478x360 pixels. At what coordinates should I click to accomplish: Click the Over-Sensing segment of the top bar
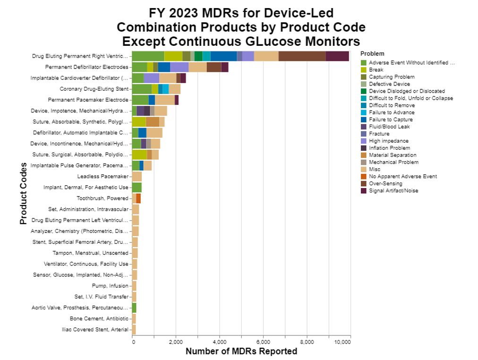(302, 56)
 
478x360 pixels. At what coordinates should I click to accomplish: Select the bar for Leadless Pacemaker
(137, 176)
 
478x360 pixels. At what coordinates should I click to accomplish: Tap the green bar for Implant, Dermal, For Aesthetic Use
(137, 187)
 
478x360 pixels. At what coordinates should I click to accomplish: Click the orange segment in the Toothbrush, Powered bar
(138, 198)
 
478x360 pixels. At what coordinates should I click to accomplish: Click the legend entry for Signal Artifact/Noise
(393, 190)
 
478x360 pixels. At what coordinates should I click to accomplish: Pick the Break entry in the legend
(376, 70)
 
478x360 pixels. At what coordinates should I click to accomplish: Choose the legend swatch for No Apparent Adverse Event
(364, 176)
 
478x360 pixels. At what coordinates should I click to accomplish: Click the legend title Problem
(372, 53)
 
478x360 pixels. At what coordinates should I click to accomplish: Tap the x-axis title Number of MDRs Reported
(241, 351)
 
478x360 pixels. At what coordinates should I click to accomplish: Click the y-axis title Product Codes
(23, 194)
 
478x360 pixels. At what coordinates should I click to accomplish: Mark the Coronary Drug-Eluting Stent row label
(94, 89)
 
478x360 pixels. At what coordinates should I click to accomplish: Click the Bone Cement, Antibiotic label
(99, 318)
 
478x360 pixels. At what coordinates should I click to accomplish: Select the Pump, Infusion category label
(110, 286)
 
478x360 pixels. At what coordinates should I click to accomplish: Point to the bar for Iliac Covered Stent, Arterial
(134, 329)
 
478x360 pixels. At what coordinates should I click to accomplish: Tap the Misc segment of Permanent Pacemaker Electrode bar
(165, 100)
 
